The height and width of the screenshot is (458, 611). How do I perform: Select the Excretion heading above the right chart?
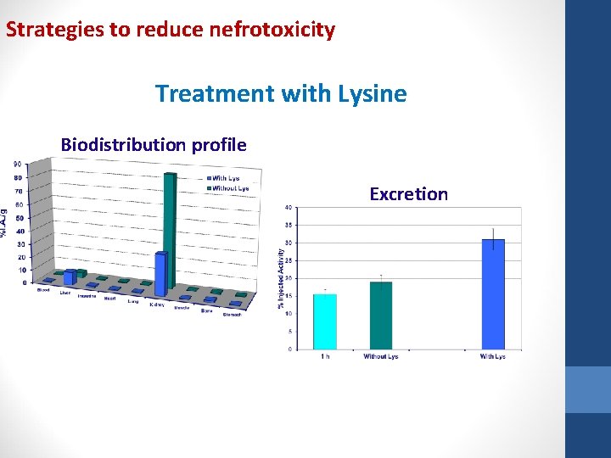pyautogui.click(x=408, y=194)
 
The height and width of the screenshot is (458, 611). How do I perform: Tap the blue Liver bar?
pyautogui.click(x=70, y=277)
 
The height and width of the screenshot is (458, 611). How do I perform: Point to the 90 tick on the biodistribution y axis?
pyautogui.click(x=17, y=165)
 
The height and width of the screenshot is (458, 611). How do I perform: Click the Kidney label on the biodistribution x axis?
pyautogui.click(x=157, y=304)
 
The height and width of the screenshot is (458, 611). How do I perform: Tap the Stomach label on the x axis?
pyautogui.click(x=232, y=314)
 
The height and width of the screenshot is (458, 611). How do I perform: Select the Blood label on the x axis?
pyautogui.click(x=43, y=290)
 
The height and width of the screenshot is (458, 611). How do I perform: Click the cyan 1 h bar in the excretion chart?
pyautogui.click(x=325, y=321)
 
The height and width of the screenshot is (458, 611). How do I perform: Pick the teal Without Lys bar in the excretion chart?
pyautogui.click(x=381, y=316)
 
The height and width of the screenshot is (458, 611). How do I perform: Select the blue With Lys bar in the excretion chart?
pyautogui.click(x=493, y=293)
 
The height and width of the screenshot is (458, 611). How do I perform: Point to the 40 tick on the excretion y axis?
pyautogui.click(x=289, y=207)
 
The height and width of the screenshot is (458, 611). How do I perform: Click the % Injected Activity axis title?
pyautogui.click(x=281, y=278)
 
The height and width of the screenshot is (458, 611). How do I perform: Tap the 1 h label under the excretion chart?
pyautogui.click(x=325, y=356)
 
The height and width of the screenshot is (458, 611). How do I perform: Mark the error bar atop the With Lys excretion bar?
pyautogui.click(x=493, y=235)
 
